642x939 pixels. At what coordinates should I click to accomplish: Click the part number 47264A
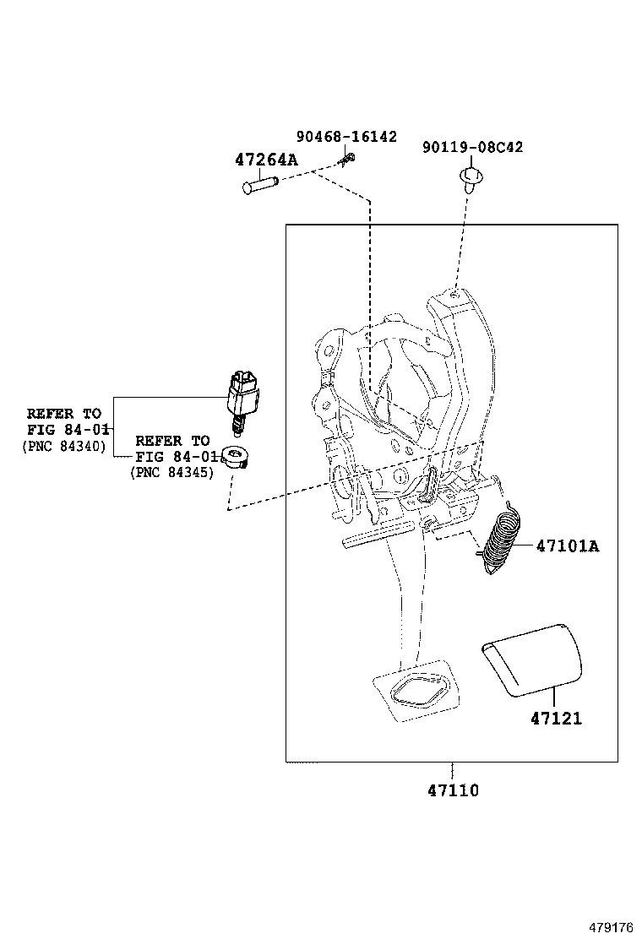coord(266,160)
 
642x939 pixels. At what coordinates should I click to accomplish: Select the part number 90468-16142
coord(346,137)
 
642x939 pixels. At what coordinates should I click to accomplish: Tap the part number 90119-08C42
coord(472,147)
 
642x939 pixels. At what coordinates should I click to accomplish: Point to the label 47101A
coord(567,546)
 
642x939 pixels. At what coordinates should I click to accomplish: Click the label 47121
coord(556,719)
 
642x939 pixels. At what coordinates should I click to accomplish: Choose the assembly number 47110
coord(453,791)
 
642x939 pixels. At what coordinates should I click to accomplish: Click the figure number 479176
coord(610,926)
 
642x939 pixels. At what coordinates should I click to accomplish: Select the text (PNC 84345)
coord(171,474)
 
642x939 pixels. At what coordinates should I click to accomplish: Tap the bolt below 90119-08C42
coord(469,177)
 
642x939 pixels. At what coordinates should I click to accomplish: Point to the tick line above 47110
coord(453,770)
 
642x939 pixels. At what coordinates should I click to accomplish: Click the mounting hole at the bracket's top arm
coord(454,296)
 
